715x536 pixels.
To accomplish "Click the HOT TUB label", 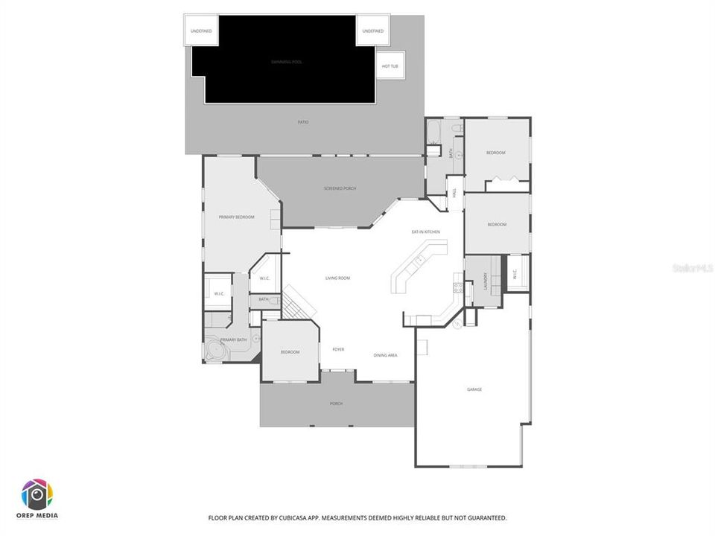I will coord(390,66).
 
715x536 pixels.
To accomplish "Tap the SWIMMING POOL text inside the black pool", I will coord(286,61).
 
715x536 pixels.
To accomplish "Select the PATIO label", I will coord(303,122).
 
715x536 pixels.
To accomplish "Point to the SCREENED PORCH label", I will coord(340,188).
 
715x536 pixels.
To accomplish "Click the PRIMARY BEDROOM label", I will coord(236,217).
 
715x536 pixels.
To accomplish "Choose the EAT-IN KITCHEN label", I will coord(425,232).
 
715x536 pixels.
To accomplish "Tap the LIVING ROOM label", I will coord(337,278).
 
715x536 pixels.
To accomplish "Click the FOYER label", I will coord(338,349).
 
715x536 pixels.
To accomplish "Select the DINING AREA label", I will coord(385,355).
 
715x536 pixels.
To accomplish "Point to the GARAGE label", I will coord(474,389).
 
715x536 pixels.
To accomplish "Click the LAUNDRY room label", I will coord(485,281).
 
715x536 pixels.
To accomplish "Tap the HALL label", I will coord(454,193).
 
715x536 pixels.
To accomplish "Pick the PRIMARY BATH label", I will coord(233,340).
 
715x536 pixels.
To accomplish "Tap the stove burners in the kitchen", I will coord(458,287).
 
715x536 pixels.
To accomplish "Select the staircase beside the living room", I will coord(299,301).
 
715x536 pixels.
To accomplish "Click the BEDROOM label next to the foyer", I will coord(290,351).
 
